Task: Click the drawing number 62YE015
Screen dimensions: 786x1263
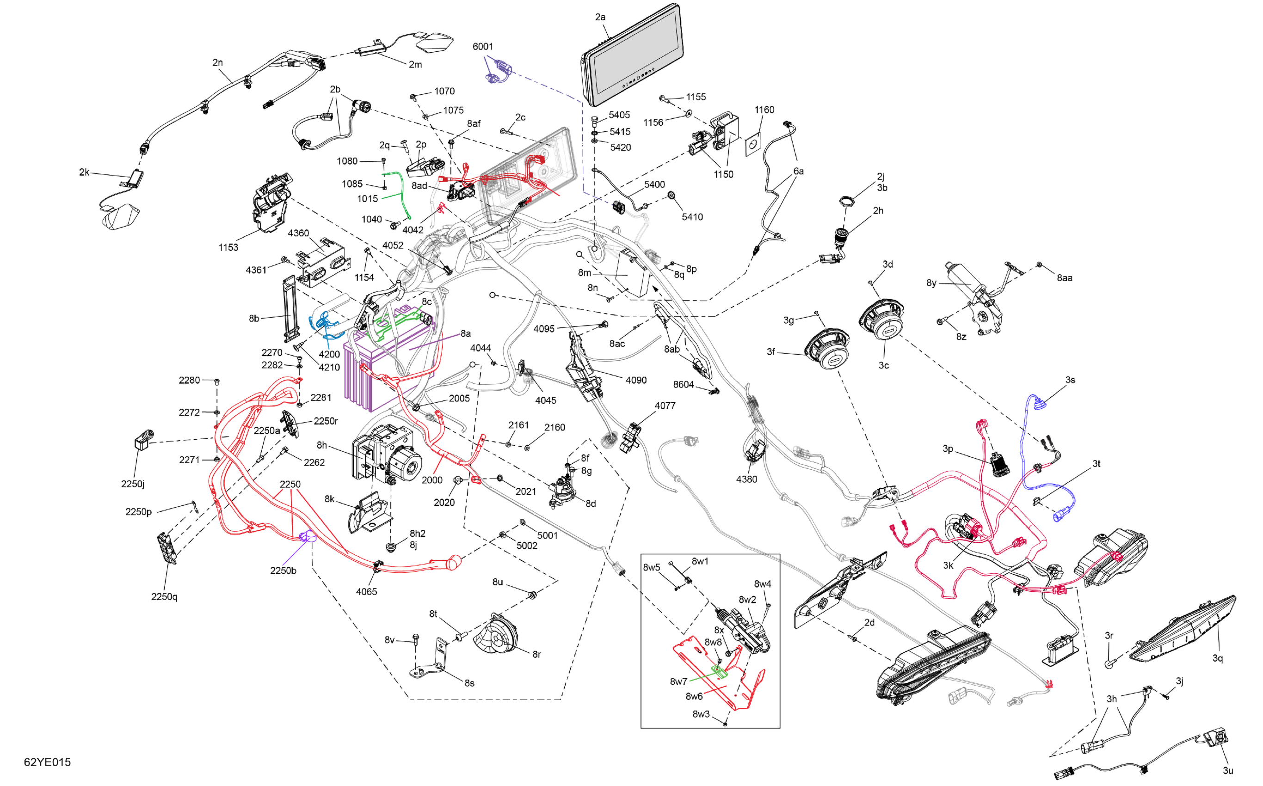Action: (47, 762)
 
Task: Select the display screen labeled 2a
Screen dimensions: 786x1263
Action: (633, 57)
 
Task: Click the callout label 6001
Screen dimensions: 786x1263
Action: (482, 47)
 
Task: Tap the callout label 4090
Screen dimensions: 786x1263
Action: (636, 380)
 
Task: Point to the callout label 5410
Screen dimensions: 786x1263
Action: (692, 217)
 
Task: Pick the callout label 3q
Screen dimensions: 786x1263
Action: (1217, 658)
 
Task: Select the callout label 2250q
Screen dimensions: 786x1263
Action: (164, 596)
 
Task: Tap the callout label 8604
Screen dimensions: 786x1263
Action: (683, 384)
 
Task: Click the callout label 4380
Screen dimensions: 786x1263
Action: (746, 479)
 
